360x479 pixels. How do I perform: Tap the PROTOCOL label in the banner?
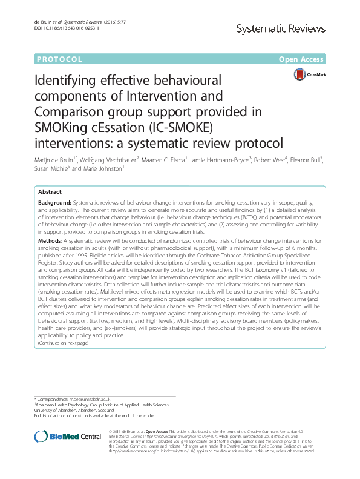[x=59, y=59]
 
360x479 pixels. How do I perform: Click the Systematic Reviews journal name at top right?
[x=287, y=28]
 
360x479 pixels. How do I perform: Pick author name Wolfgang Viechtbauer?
[x=108, y=160]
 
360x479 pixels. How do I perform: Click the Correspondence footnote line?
[x=72, y=400]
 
